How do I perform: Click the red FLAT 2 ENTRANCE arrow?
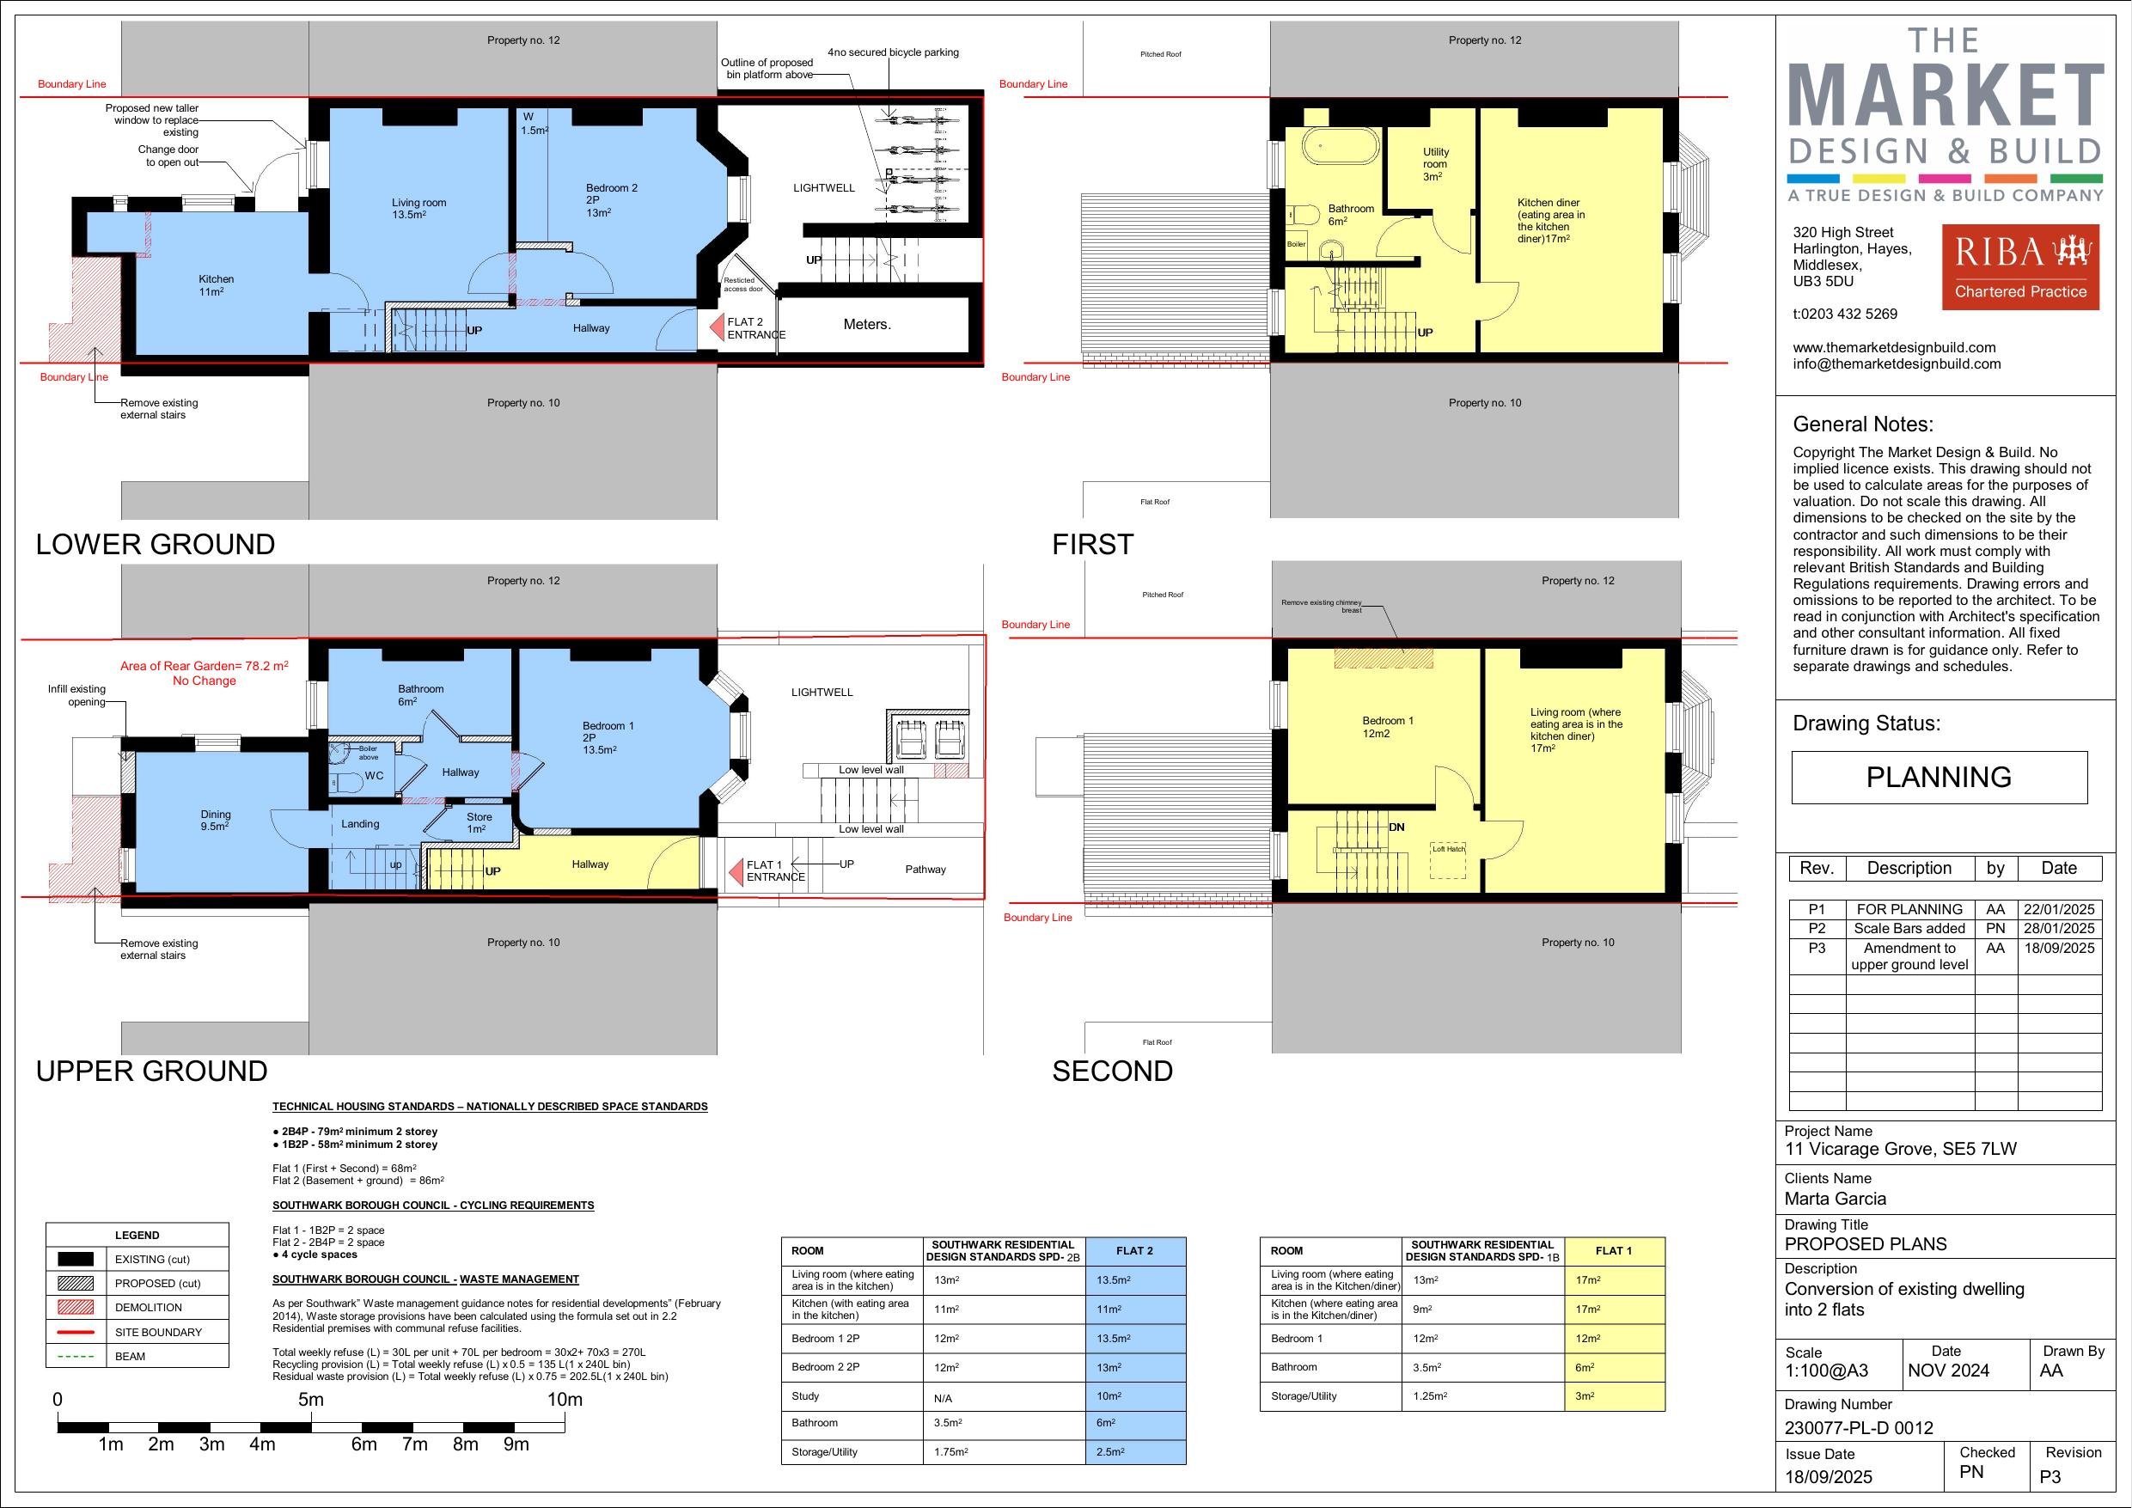[x=716, y=327]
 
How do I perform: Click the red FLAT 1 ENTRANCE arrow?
[x=735, y=870]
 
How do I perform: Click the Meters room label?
[x=866, y=324]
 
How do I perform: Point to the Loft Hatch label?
[x=1448, y=849]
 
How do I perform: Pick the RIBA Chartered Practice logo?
[x=2019, y=266]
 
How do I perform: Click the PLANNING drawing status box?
[x=1939, y=778]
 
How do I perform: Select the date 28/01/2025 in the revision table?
[x=2059, y=929]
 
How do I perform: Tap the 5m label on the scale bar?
[x=311, y=1400]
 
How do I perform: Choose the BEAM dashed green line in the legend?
[x=76, y=1356]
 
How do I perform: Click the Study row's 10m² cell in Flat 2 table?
[x=1134, y=1396]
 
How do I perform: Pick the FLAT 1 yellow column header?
[x=1614, y=1251]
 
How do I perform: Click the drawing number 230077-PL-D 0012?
[x=1858, y=1428]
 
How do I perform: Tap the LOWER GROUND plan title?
[x=155, y=544]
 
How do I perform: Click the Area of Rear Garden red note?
[x=205, y=673]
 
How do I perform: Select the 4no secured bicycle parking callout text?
[x=892, y=52]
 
